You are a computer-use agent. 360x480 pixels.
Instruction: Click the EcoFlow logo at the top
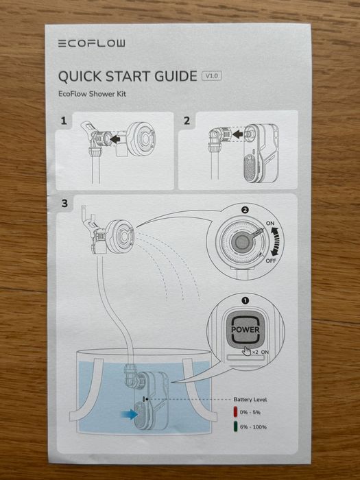pos(91,43)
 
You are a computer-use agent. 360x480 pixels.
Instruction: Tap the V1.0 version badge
pos(211,76)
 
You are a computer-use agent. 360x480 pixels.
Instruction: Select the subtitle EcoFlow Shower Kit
pos(92,94)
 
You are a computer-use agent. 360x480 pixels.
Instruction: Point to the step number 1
pos(64,121)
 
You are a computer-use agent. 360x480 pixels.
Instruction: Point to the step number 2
pos(187,121)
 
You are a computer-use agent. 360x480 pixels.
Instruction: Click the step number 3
pos(64,203)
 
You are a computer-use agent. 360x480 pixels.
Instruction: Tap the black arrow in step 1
pos(115,140)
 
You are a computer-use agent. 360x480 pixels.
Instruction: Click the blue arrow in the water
pos(129,414)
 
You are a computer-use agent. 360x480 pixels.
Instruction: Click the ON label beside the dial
pos(270,223)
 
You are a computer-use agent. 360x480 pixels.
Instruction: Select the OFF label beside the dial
pos(271,261)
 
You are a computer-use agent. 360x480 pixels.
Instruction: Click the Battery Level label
pos(250,400)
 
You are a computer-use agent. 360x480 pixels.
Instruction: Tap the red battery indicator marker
pos(236,412)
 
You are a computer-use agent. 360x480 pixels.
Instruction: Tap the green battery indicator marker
pos(236,427)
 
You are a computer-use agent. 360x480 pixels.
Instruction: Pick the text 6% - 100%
pos(253,427)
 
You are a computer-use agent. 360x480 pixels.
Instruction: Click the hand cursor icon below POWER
pos(246,351)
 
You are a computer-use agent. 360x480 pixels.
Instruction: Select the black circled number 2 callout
pos(245,210)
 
